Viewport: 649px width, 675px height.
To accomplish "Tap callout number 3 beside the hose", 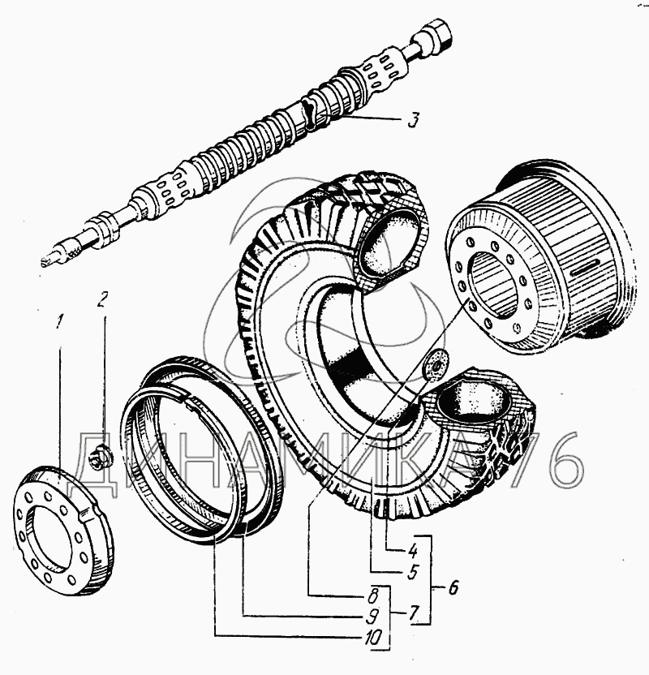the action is point(414,121).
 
